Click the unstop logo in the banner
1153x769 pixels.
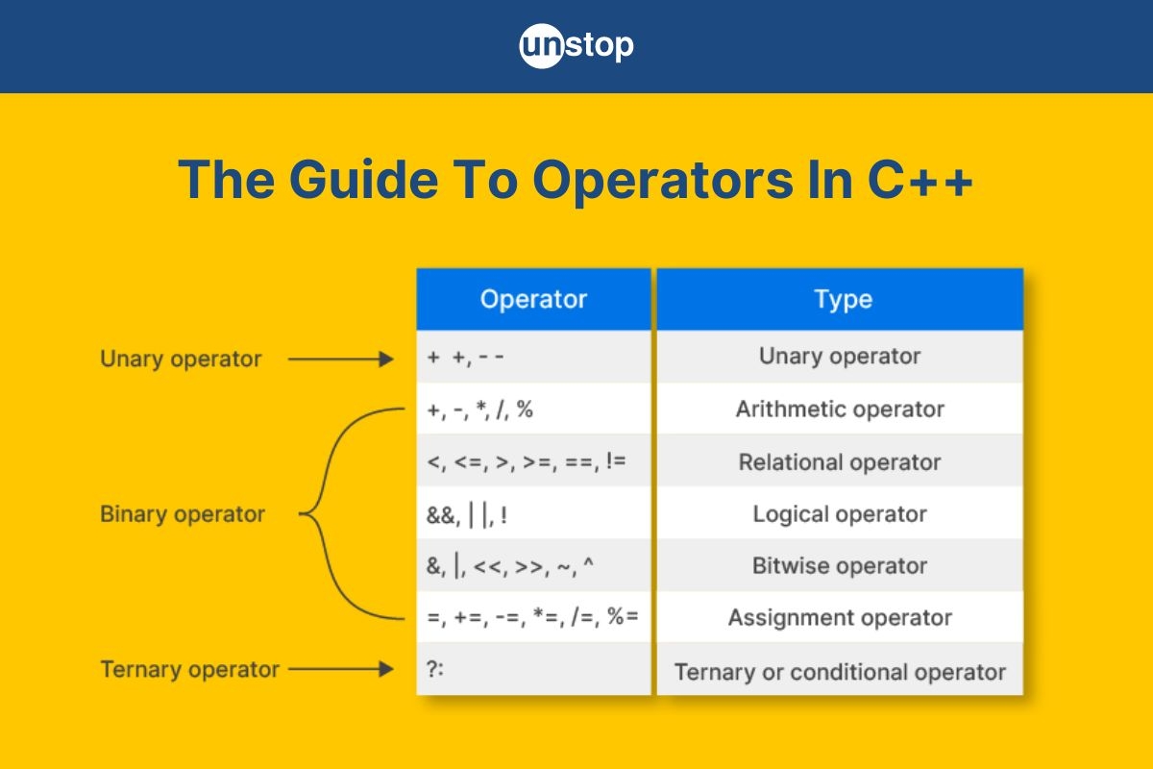point(576,46)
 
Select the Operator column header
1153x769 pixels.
point(533,299)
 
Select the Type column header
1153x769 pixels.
point(842,299)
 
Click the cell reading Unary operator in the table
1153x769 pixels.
point(840,357)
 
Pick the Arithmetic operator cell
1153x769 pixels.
point(840,409)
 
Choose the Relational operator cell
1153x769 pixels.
point(840,461)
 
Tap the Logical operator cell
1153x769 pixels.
point(840,513)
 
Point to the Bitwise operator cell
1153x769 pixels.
point(840,565)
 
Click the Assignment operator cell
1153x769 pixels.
point(840,617)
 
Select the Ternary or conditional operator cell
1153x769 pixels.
point(840,671)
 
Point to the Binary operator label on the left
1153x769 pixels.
point(182,514)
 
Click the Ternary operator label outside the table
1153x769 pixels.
point(189,670)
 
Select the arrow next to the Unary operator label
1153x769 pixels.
point(340,360)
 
